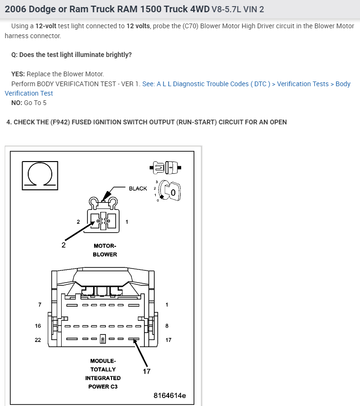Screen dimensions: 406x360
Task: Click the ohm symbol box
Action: [40, 175]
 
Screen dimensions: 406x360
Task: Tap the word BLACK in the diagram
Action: [138, 188]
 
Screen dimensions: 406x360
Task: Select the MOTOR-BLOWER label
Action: [104, 250]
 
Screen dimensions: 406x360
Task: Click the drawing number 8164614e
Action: [169, 395]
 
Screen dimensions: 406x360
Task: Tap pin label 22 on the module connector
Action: [38, 340]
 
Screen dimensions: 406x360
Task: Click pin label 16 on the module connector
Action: [38, 326]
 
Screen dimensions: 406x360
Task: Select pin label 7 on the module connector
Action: [40, 305]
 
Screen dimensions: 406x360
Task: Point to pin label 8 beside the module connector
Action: [167, 326]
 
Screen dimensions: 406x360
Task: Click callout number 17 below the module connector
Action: [146, 371]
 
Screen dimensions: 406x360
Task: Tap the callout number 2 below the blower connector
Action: [64, 244]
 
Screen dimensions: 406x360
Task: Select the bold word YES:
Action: [18, 74]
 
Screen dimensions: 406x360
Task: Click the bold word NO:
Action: [16, 103]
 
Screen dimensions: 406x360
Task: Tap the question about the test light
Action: [72, 55]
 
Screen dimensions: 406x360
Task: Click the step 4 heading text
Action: [146, 122]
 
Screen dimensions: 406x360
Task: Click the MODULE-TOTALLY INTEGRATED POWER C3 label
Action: [103, 374]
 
